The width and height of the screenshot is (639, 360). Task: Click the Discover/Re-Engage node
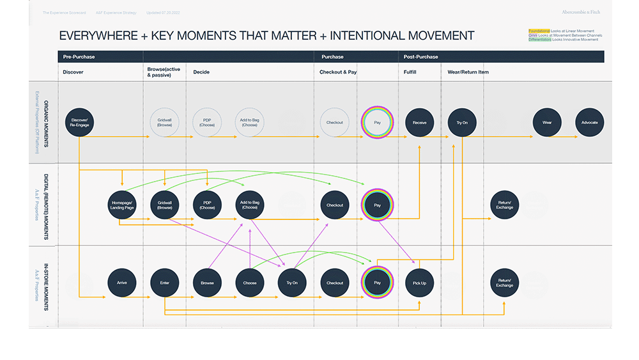80,122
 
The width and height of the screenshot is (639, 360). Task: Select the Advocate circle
589,122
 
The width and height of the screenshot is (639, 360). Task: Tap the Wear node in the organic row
547,122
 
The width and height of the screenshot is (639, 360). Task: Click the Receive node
419,122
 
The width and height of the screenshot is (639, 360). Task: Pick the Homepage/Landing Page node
122,205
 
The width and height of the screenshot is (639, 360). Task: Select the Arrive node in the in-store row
122,283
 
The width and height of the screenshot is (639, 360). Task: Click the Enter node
164,283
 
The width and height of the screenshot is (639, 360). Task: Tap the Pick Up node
419,283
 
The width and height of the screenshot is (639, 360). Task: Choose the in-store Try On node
292,283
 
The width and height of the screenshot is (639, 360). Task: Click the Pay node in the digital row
377,205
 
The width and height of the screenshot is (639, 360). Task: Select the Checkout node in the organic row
334,122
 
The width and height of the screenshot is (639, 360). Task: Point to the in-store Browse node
207,283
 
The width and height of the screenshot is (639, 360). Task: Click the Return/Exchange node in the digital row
504,205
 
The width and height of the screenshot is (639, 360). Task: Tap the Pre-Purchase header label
79,57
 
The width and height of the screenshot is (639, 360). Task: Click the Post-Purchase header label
421,57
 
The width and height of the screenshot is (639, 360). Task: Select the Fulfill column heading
410,72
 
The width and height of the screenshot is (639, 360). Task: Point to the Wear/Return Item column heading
468,72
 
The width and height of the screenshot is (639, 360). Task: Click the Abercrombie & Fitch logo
581,12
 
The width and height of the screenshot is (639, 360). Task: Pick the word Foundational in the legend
539,31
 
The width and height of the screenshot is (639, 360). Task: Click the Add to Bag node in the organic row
249,122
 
